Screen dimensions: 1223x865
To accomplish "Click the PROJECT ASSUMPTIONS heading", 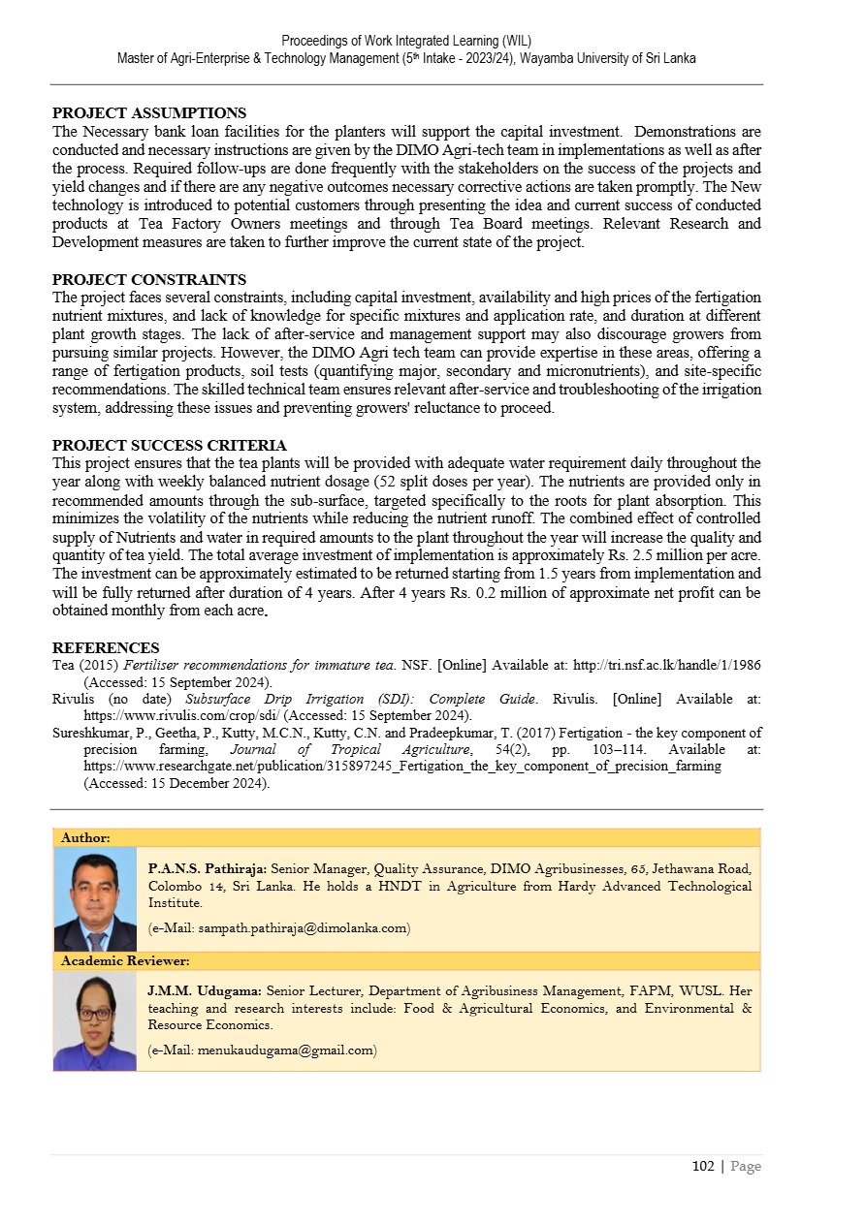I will tap(149, 113).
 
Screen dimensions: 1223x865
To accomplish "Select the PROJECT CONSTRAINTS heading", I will tap(149, 280).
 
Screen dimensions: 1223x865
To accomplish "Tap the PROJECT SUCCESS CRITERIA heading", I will tap(170, 446).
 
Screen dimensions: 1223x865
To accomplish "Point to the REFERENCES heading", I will tap(106, 647).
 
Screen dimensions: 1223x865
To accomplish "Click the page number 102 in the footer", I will tap(703, 1166).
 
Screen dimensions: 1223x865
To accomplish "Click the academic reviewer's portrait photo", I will tap(95, 1020).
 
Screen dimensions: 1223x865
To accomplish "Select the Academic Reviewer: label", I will tap(125, 960).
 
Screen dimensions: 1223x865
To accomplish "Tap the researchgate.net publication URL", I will tap(403, 766).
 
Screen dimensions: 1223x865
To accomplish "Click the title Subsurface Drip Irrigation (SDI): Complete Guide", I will tap(361, 699).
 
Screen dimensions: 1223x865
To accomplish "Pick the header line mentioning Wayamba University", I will tap(406, 58).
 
